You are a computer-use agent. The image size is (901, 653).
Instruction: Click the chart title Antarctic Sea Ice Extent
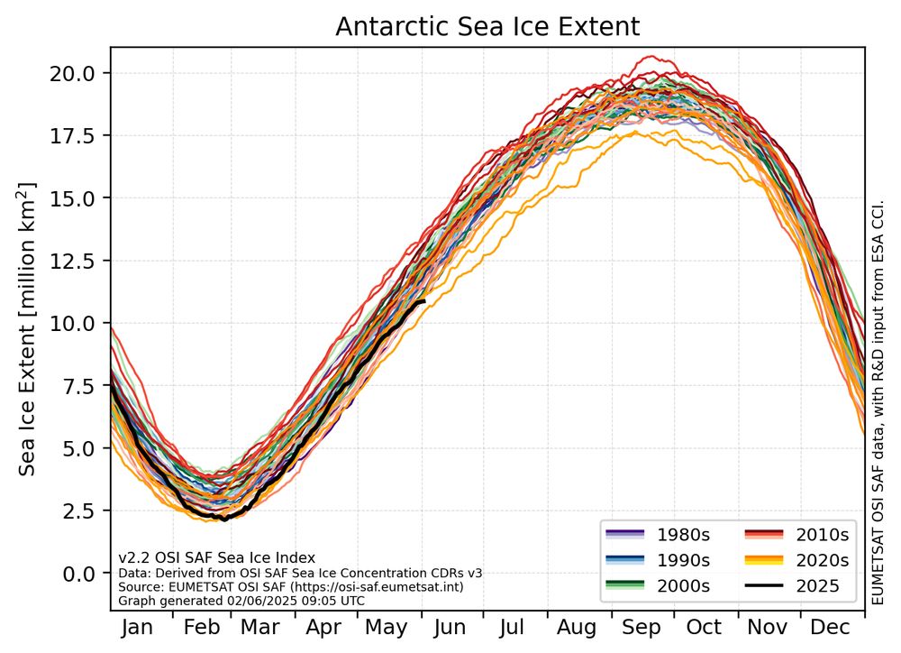pos(487,27)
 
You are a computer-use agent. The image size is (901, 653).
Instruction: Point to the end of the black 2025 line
pos(423,301)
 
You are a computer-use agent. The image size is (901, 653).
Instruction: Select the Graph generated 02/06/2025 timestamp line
pos(241,599)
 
